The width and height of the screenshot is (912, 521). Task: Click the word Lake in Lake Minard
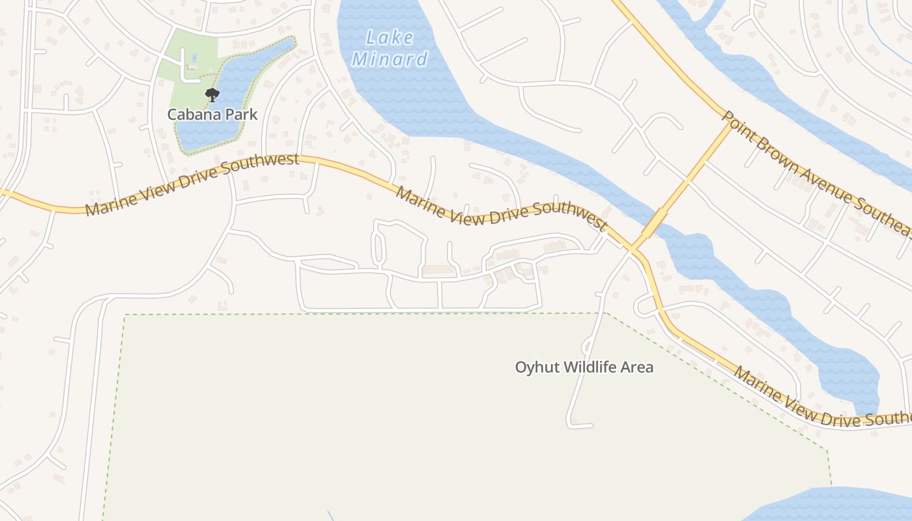tap(390, 37)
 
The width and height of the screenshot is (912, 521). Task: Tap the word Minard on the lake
tap(390, 60)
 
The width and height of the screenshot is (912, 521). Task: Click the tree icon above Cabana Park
tap(212, 95)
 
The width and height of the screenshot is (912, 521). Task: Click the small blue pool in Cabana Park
tap(194, 59)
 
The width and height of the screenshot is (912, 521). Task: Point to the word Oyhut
tap(537, 367)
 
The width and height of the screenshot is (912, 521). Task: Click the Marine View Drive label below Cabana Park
tap(192, 184)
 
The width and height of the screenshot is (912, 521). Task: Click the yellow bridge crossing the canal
tap(660, 218)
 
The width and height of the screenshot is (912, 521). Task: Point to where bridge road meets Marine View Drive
tap(633, 249)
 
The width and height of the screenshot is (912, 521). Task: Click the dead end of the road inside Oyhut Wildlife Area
tap(591, 426)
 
